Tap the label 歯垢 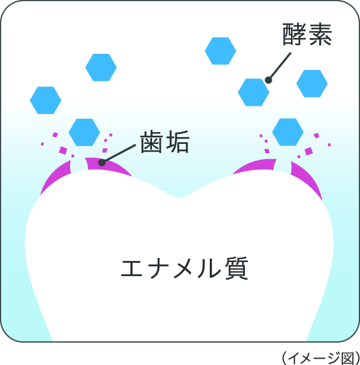[164, 142]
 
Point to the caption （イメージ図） [319, 356]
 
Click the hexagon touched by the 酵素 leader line [254, 91]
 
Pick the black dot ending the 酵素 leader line [268, 80]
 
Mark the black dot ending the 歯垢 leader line [101, 163]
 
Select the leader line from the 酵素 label [279, 67]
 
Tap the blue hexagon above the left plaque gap [84, 132]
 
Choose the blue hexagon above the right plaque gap [288, 132]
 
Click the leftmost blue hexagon [46, 100]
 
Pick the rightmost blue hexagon [312, 83]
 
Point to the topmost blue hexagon [220, 51]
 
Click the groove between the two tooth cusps [180, 195]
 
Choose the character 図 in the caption [347, 356]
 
